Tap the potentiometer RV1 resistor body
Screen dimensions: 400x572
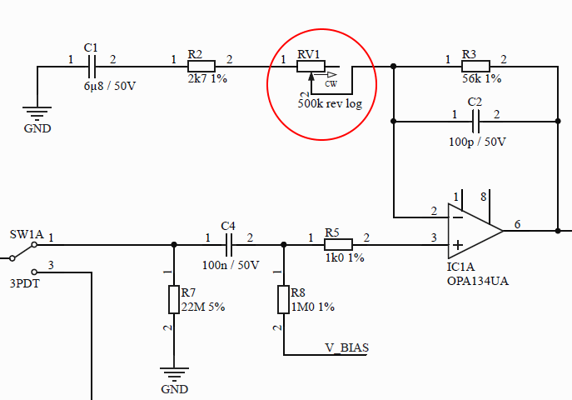pyautogui.click(x=312, y=67)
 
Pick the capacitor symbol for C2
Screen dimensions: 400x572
pyautogui.click(x=475, y=121)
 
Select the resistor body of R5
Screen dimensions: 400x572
pyautogui.click(x=338, y=245)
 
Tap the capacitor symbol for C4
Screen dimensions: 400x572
pyautogui.click(x=229, y=245)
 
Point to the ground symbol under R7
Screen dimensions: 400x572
pyautogui.click(x=173, y=374)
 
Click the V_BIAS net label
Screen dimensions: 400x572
pyautogui.click(x=346, y=347)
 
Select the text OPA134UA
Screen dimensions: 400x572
pyautogui.click(x=477, y=282)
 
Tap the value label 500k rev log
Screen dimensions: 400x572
pyautogui.click(x=336, y=103)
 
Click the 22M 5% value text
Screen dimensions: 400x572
pyautogui.click(x=202, y=307)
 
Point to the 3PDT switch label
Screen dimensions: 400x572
pyautogui.click(x=24, y=283)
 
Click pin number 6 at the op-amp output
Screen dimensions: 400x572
pyautogui.click(x=517, y=224)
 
